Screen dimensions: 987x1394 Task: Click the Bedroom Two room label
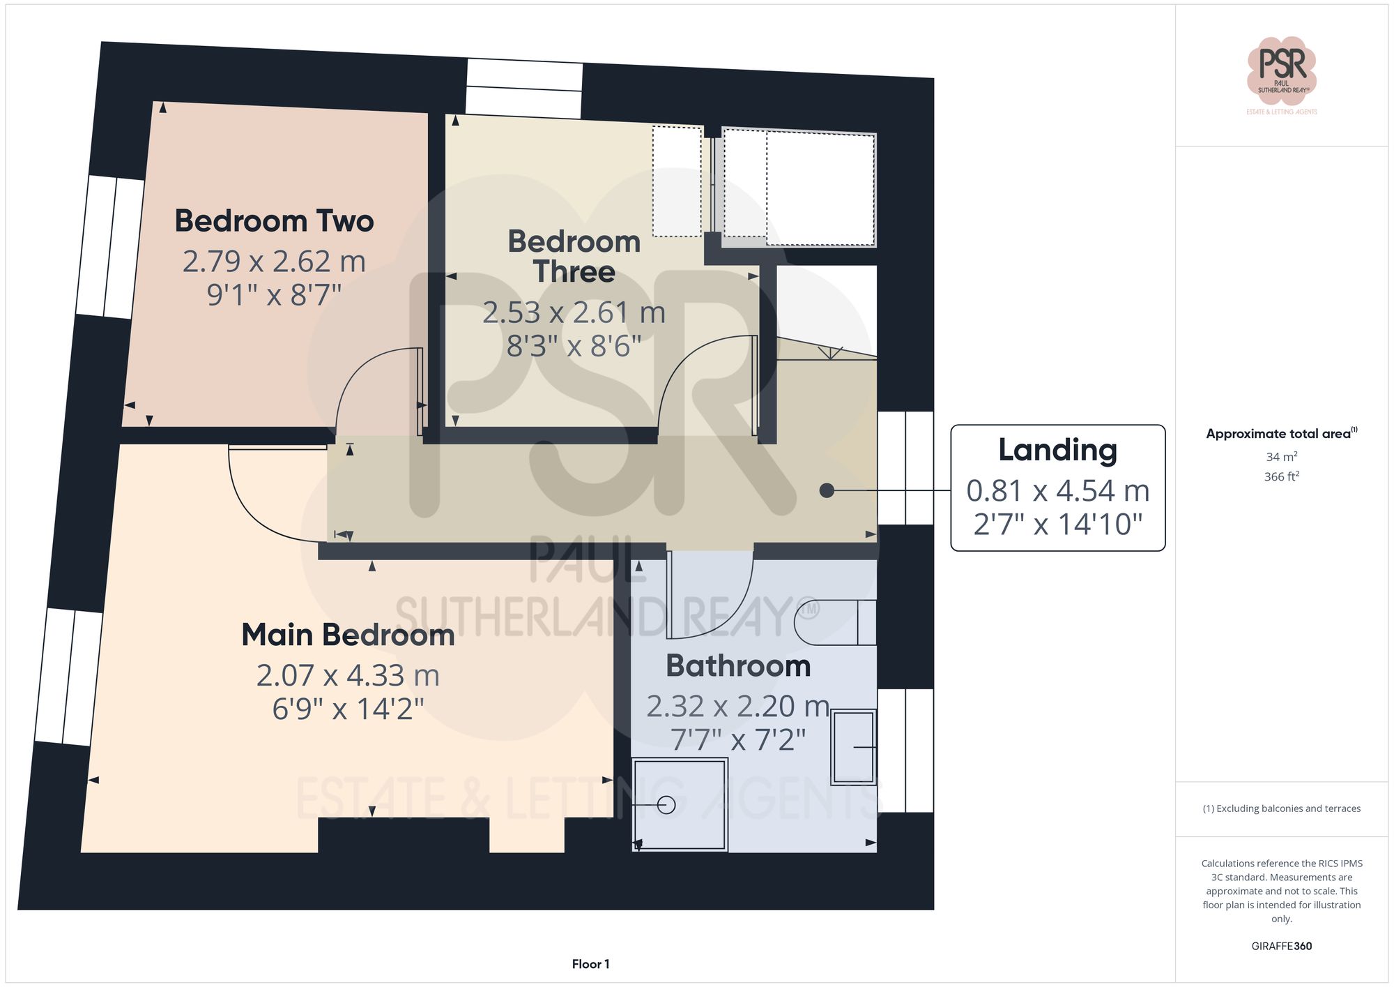tap(274, 221)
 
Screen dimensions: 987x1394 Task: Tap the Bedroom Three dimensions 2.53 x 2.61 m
tap(574, 312)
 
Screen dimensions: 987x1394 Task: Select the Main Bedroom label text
tap(348, 635)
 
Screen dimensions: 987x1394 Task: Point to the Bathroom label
tap(738, 666)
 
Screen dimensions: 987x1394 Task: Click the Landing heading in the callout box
tap(1057, 451)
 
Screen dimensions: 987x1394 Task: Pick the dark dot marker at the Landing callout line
tap(827, 490)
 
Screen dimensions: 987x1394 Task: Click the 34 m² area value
tap(1281, 457)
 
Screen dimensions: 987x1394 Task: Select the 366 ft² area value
tap(1281, 477)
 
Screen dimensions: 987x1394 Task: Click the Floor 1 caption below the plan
tap(590, 964)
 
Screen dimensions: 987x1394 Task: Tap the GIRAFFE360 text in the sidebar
tap(1281, 947)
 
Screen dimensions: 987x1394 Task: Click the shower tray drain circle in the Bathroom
tap(666, 805)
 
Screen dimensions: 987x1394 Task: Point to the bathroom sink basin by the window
tap(853, 747)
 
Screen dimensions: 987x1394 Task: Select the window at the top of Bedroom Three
tap(524, 88)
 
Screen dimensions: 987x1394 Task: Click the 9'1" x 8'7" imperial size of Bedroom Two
tap(274, 295)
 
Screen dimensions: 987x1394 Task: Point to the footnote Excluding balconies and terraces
tap(1281, 808)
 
